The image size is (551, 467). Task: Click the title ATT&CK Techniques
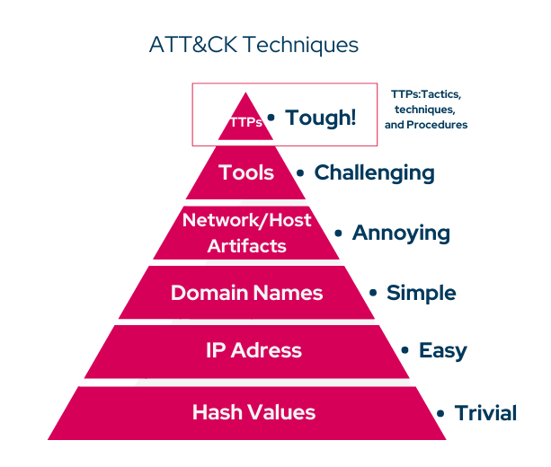tap(253, 45)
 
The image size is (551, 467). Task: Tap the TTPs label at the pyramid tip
tap(245, 122)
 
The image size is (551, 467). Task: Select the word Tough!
tap(320, 118)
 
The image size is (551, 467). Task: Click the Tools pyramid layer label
tap(246, 172)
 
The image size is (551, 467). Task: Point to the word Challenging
tap(374, 172)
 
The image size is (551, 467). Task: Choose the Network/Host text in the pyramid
tap(246, 219)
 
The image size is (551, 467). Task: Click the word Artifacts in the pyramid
tap(246, 245)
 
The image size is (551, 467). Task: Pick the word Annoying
tap(401, 233)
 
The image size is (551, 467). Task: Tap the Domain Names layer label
tap(246, 293)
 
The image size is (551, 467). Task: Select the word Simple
tap(421, 293)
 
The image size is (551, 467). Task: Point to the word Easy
tap(442, 350)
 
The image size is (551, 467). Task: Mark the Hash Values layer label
tap(253, 412)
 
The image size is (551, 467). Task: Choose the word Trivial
tap(485, 413)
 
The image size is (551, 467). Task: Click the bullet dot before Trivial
tap(440, 414)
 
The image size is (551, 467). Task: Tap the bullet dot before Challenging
tap(300, 173)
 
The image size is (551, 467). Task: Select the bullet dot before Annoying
tap(338, 233)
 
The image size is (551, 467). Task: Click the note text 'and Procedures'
tap(426, 125)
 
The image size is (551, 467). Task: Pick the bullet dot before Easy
tap(405, 350)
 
